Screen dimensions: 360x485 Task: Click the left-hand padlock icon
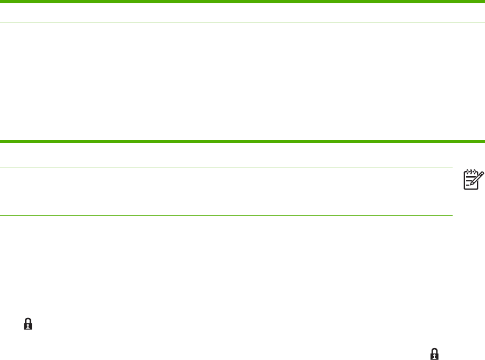(x=29, y=324)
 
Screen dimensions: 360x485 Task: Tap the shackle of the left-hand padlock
(x=29, y=321)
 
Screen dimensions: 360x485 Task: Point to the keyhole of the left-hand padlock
(x=29, y=325)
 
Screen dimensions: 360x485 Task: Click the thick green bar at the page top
(x=242, y=2)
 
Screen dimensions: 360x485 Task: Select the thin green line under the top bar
(x=242, y=23)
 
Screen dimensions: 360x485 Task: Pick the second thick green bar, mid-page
(x=242, y=141)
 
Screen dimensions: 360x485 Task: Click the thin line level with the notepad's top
(x=226, y=167)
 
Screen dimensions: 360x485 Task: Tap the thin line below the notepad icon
(x=226, y=216)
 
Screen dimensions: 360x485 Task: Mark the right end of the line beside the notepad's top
(x=451, y=167)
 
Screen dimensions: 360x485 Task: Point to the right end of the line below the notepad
(x=451, y=216)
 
